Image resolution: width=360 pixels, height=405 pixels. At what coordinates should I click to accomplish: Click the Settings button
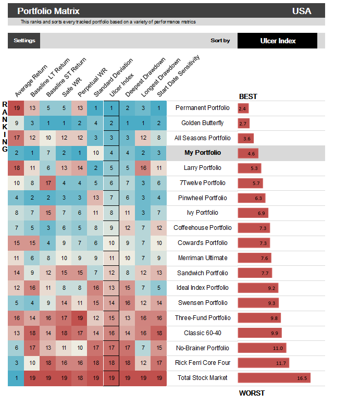[x=24, y=41]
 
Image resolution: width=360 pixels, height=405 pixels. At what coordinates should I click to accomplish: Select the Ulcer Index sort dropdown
[x=277, y=41]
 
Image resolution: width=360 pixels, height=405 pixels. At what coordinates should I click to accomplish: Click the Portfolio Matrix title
[x=48, y=11]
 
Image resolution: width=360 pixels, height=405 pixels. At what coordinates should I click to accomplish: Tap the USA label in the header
[x=302, y=11]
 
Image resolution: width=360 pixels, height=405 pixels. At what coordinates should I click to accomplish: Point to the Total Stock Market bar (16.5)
[x=274, y=378]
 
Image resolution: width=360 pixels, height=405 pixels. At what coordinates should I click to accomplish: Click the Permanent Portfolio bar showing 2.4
[x=243, y=108]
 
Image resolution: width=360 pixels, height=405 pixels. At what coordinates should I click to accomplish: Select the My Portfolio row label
[x=203, y=153]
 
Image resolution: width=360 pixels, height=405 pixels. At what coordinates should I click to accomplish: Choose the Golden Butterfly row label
[x=203, y=123]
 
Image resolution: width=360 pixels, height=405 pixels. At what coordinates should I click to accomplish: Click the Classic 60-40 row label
[x=203, y=333]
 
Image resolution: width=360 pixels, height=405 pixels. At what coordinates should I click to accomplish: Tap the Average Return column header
[x=31, y=81]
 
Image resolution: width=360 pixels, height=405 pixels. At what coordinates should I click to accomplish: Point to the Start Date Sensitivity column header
[x=179, y=76]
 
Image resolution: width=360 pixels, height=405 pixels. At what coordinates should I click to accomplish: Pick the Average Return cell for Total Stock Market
[x=16, y=378]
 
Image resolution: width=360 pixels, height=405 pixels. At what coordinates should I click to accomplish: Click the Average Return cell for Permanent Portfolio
[x=16, y=108]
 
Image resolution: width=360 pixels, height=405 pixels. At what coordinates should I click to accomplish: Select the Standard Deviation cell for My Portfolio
[x=95, y=153]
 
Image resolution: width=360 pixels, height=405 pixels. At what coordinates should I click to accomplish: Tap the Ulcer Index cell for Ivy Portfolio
[x=111, y=213]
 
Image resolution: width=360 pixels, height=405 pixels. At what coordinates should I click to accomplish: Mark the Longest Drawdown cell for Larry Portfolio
[x=143, y=168]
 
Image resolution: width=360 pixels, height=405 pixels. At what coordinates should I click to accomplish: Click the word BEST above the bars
[x=248, y=96]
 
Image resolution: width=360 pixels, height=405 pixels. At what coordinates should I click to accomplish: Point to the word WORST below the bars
[x=252, y=393]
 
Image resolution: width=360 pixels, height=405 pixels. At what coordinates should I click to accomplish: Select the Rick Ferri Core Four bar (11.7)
[x=264, y=363]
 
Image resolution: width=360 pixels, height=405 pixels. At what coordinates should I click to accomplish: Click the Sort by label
[x=220, y=41]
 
